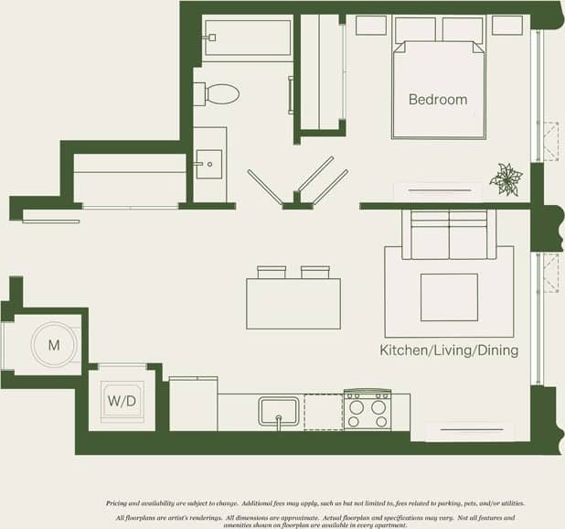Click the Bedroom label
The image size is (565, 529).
point(437,100)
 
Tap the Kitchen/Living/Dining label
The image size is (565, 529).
point(449,351)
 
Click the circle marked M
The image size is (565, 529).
point(53,345)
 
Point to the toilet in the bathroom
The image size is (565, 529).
point(220,93)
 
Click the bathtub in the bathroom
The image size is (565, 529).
point(248,39)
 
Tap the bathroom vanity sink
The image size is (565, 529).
point(208,165)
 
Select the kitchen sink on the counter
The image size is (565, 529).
point(279,409)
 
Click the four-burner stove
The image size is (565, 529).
point(367,409)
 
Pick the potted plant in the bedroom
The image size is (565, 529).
point(506,178)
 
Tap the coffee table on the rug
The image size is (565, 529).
point(449,297)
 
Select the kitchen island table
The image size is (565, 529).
point(293,303)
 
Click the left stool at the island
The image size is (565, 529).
point(272,272)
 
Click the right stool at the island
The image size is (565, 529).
point(314,272)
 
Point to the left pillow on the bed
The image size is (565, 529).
point(414,29)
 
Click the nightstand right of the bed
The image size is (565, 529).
point(506,25)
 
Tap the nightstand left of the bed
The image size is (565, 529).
point(370,25)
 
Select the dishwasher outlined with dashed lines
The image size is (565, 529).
point(323,411)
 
